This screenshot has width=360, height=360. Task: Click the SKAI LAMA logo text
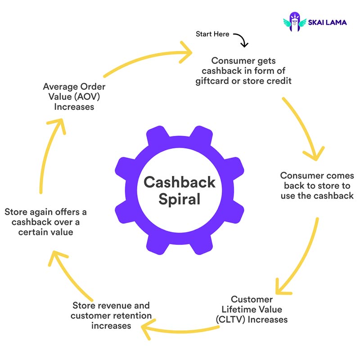click(327, 22)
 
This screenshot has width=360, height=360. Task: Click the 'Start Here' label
click(212, 34)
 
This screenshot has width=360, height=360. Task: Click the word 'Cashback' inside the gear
click(180, 183)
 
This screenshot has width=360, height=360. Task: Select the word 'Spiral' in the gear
click(180, 198)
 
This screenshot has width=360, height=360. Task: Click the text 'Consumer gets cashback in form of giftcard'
click(243, 71)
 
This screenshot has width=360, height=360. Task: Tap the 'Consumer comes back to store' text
click(317, 185)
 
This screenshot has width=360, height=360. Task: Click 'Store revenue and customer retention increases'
click(111, 315)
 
